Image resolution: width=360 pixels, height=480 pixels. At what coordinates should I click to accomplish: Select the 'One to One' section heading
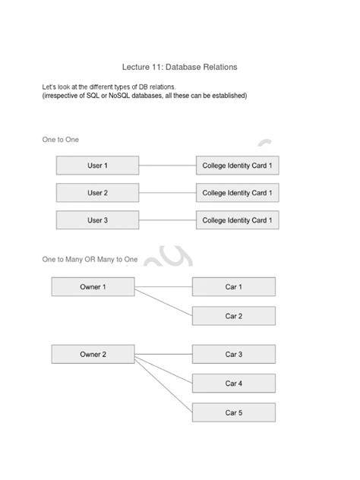pyautogui.click(x=60, y=140)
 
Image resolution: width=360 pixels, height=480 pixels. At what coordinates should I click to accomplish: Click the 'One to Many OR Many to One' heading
pyautogui.click(x=90, y=260)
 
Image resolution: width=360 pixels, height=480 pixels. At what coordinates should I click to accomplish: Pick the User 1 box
pyautogui.click(x=97, y=166)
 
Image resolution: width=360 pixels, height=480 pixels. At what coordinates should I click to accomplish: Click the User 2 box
pyautogui.click(x=97, y=193)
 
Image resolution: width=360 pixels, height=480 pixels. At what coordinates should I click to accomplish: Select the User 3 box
pyautogui.click(x=97, y=220)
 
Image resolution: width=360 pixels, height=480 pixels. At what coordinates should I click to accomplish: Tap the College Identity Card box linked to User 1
pyautogui.click(x=237, y=166)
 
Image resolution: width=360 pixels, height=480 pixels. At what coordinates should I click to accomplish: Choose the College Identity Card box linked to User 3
pyautogui.click(x=237, y=220)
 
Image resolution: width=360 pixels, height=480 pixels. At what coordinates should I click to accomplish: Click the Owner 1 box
pyautogui.click(x=93, y=287)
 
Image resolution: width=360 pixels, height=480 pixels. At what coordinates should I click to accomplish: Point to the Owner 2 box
pyautogui.click(x=93, y=355)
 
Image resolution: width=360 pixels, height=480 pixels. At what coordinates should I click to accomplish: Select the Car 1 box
pyautogui.click(x=233, y=287)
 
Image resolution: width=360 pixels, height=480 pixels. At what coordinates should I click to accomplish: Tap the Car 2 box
pyautogui.click(x=233, y=316)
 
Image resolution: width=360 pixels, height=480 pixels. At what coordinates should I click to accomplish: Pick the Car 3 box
pyautogui.click(x=233, y=355)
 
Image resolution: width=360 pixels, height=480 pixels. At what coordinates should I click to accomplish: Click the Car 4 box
pyautogui.click(x=233, y=384)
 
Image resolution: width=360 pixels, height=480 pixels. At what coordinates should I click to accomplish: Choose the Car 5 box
pyautogui.click(x=233, y=412)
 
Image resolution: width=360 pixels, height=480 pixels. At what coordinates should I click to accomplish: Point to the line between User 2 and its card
pyautogui.click(x=167, y=193)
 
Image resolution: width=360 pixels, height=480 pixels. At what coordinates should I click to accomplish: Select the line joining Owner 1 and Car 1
pyautogui.click(x=163, y=287)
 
